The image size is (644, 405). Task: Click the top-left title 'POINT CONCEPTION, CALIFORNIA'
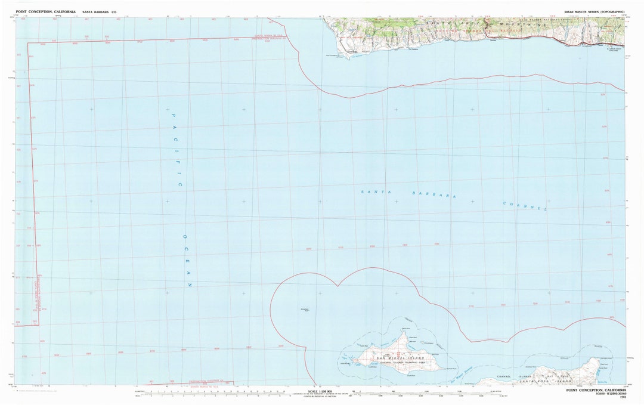[x=46, y=12]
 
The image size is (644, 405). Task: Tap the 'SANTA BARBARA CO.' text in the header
[x=100, y=12]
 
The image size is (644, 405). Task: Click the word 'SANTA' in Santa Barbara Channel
[x=370, y=192]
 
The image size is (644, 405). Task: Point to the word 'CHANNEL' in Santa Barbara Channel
[x=525, y=205]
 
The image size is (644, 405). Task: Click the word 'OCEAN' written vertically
[x=185, y=260]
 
